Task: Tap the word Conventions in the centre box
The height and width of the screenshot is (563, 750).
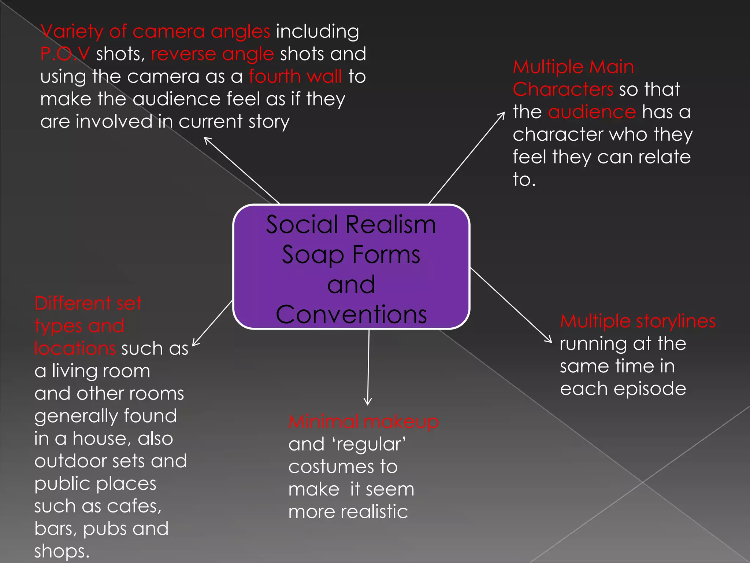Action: tap(351, 314)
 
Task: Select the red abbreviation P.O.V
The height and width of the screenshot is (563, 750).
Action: tap(65, 54)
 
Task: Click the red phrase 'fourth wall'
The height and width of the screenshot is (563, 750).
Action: tap(295, 76)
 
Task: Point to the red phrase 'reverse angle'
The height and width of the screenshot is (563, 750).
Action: tap(212, 54)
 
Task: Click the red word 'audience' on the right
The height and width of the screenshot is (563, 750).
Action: tap(592, 112)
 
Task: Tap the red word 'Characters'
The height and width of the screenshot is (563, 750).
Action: tap(563, 89)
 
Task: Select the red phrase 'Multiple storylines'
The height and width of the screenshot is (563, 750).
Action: tap(638, 321)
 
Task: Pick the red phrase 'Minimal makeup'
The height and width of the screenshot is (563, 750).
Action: tap(363, 422)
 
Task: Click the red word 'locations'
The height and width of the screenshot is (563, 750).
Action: tap(75, 348)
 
